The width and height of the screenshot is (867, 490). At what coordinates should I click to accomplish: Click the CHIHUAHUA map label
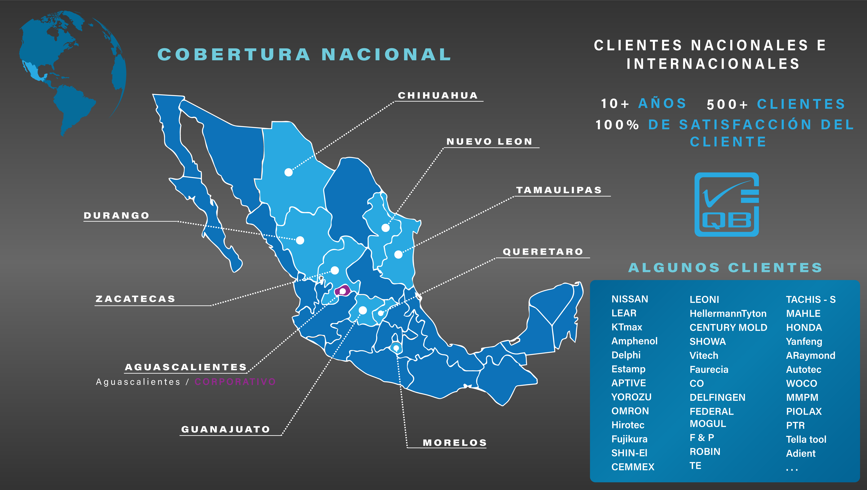click(x=438, y=96)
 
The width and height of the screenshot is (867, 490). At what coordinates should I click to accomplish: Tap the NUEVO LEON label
click(x=489, y=142)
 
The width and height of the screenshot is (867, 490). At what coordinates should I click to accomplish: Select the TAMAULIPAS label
click(x=559, y=190)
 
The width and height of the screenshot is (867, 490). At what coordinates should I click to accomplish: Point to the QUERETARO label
click(x=543, y=252)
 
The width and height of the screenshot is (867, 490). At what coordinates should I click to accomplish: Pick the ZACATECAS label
click(x=135, y=299)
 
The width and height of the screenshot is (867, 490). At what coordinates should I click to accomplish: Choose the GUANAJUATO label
click(x=226, y=429)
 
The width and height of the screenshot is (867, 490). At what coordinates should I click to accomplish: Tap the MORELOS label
click(x=455, y=443)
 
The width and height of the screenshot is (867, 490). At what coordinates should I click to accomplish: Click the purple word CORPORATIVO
click(x=235, y=382)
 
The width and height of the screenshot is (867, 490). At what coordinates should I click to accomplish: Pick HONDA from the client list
click(x=804, y=327)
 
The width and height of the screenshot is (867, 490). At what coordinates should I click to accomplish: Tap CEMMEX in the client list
click(x=633, y=467)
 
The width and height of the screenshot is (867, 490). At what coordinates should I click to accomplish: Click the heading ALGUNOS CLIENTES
click(x=725, y=268)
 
